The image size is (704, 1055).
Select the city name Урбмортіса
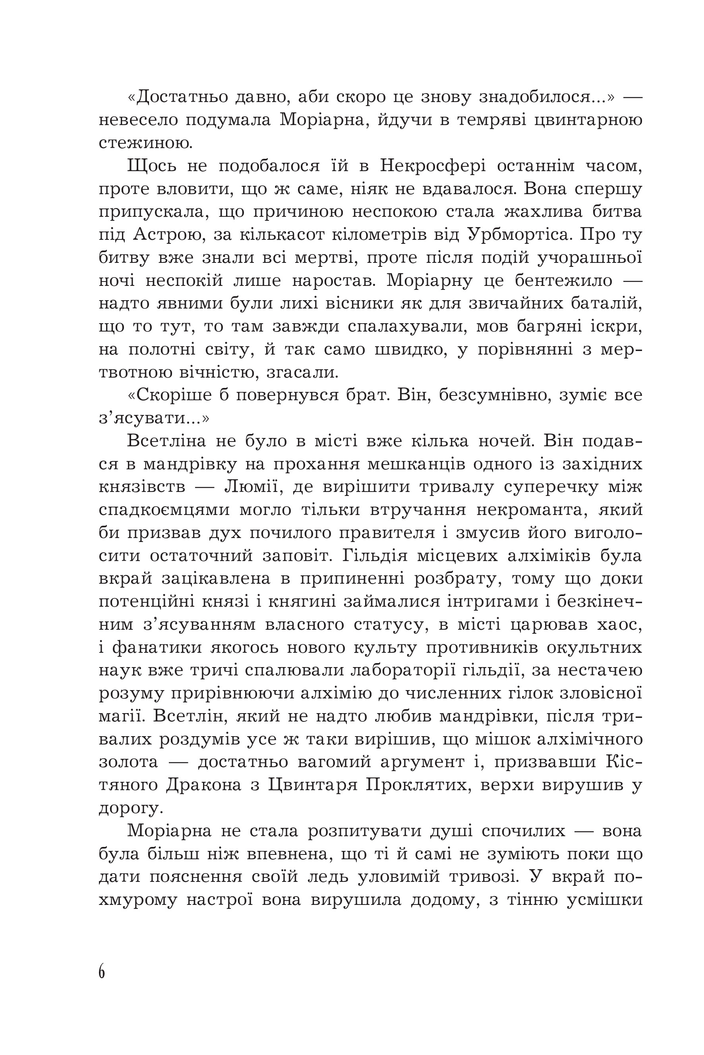click(x=519, y=235)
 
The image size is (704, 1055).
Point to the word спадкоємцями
click(x=164, y=510)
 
